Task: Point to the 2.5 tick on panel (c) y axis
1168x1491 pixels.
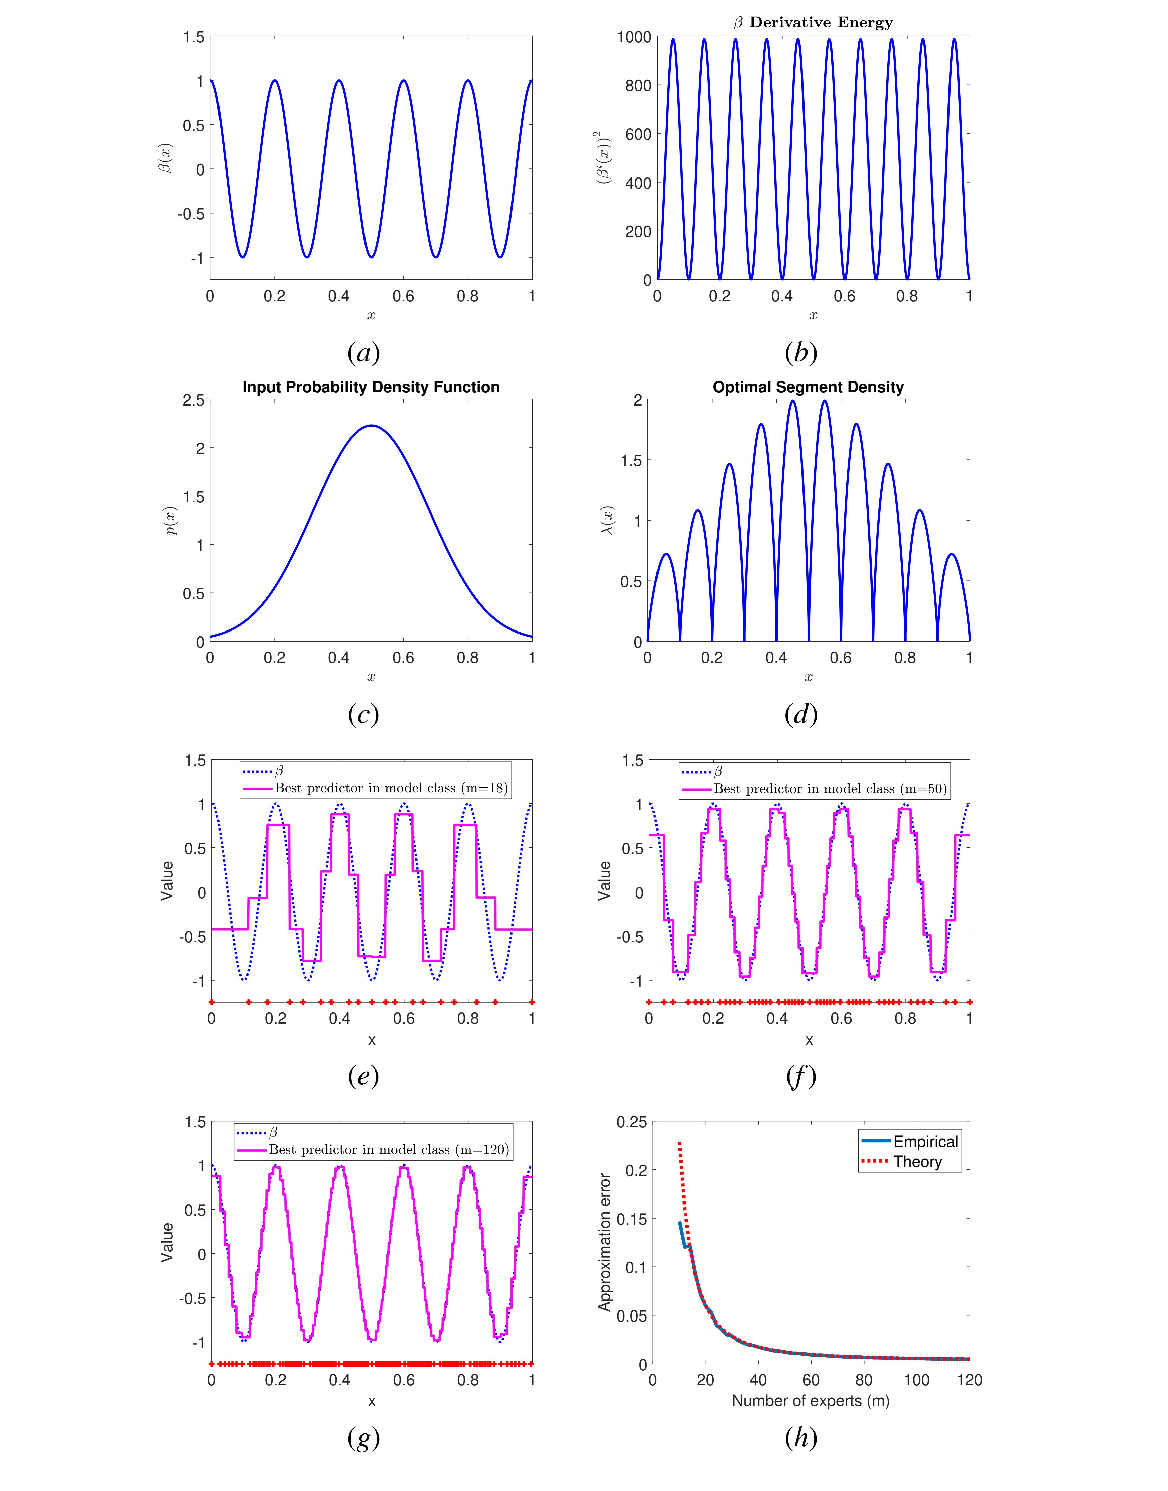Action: (x=193, y=400)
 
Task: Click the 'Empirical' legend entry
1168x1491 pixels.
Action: (x=925, y=1141)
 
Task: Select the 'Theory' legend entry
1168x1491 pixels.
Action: (x=917, y=1162)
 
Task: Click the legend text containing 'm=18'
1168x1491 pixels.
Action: (x=391, y=788)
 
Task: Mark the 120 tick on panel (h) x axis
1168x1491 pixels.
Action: (x=969, y=1380)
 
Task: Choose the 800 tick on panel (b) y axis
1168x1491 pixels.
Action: (x=638, y=86)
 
